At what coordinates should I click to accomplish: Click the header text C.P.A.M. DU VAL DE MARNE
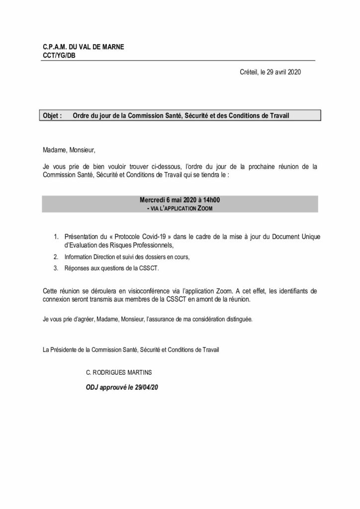click(84, 47)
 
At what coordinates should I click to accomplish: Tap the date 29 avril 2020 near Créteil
click(280, 73)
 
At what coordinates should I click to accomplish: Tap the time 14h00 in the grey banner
click(211, 200)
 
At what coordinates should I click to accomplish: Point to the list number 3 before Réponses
click(56, 268)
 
